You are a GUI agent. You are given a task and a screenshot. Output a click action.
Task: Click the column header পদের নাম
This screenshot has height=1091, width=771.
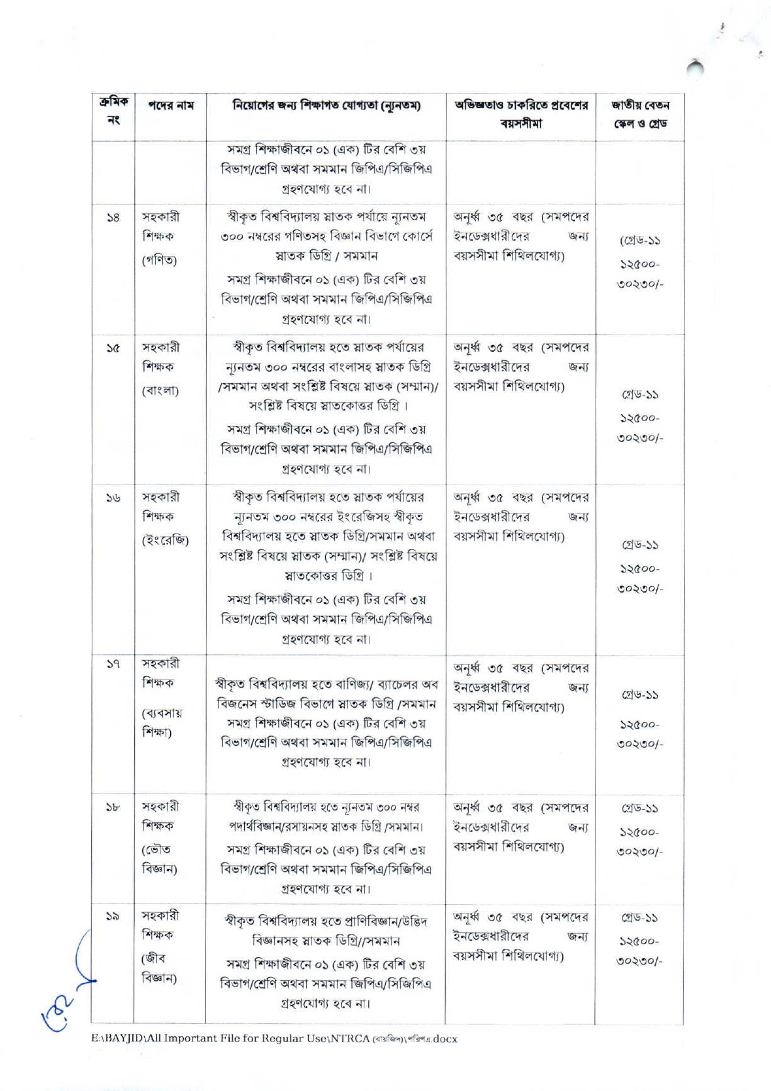171,105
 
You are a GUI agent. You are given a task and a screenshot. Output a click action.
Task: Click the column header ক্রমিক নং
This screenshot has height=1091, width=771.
113,110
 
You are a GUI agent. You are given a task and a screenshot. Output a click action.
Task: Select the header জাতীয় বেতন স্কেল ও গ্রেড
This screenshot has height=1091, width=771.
639,114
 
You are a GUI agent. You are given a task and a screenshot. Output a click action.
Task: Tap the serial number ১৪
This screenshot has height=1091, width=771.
113,218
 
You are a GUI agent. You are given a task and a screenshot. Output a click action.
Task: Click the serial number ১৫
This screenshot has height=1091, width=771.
113,348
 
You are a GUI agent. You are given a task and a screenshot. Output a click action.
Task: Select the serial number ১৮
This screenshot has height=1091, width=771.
113,807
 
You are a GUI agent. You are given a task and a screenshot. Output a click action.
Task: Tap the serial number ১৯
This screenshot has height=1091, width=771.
113,917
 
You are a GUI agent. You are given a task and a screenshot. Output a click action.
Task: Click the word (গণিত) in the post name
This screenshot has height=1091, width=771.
159,260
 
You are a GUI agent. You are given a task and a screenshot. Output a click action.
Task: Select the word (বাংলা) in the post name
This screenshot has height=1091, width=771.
160,390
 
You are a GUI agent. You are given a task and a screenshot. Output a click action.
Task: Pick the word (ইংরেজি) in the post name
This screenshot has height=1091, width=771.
165,540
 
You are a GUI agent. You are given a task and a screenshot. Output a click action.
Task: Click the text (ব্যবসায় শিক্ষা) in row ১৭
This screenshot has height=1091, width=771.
162,722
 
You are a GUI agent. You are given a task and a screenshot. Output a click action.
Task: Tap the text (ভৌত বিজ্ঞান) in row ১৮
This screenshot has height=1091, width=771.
159,859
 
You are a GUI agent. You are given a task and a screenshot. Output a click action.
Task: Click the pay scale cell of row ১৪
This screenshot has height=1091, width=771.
639,263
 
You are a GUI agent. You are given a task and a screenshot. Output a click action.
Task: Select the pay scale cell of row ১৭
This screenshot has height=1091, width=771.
639,719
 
